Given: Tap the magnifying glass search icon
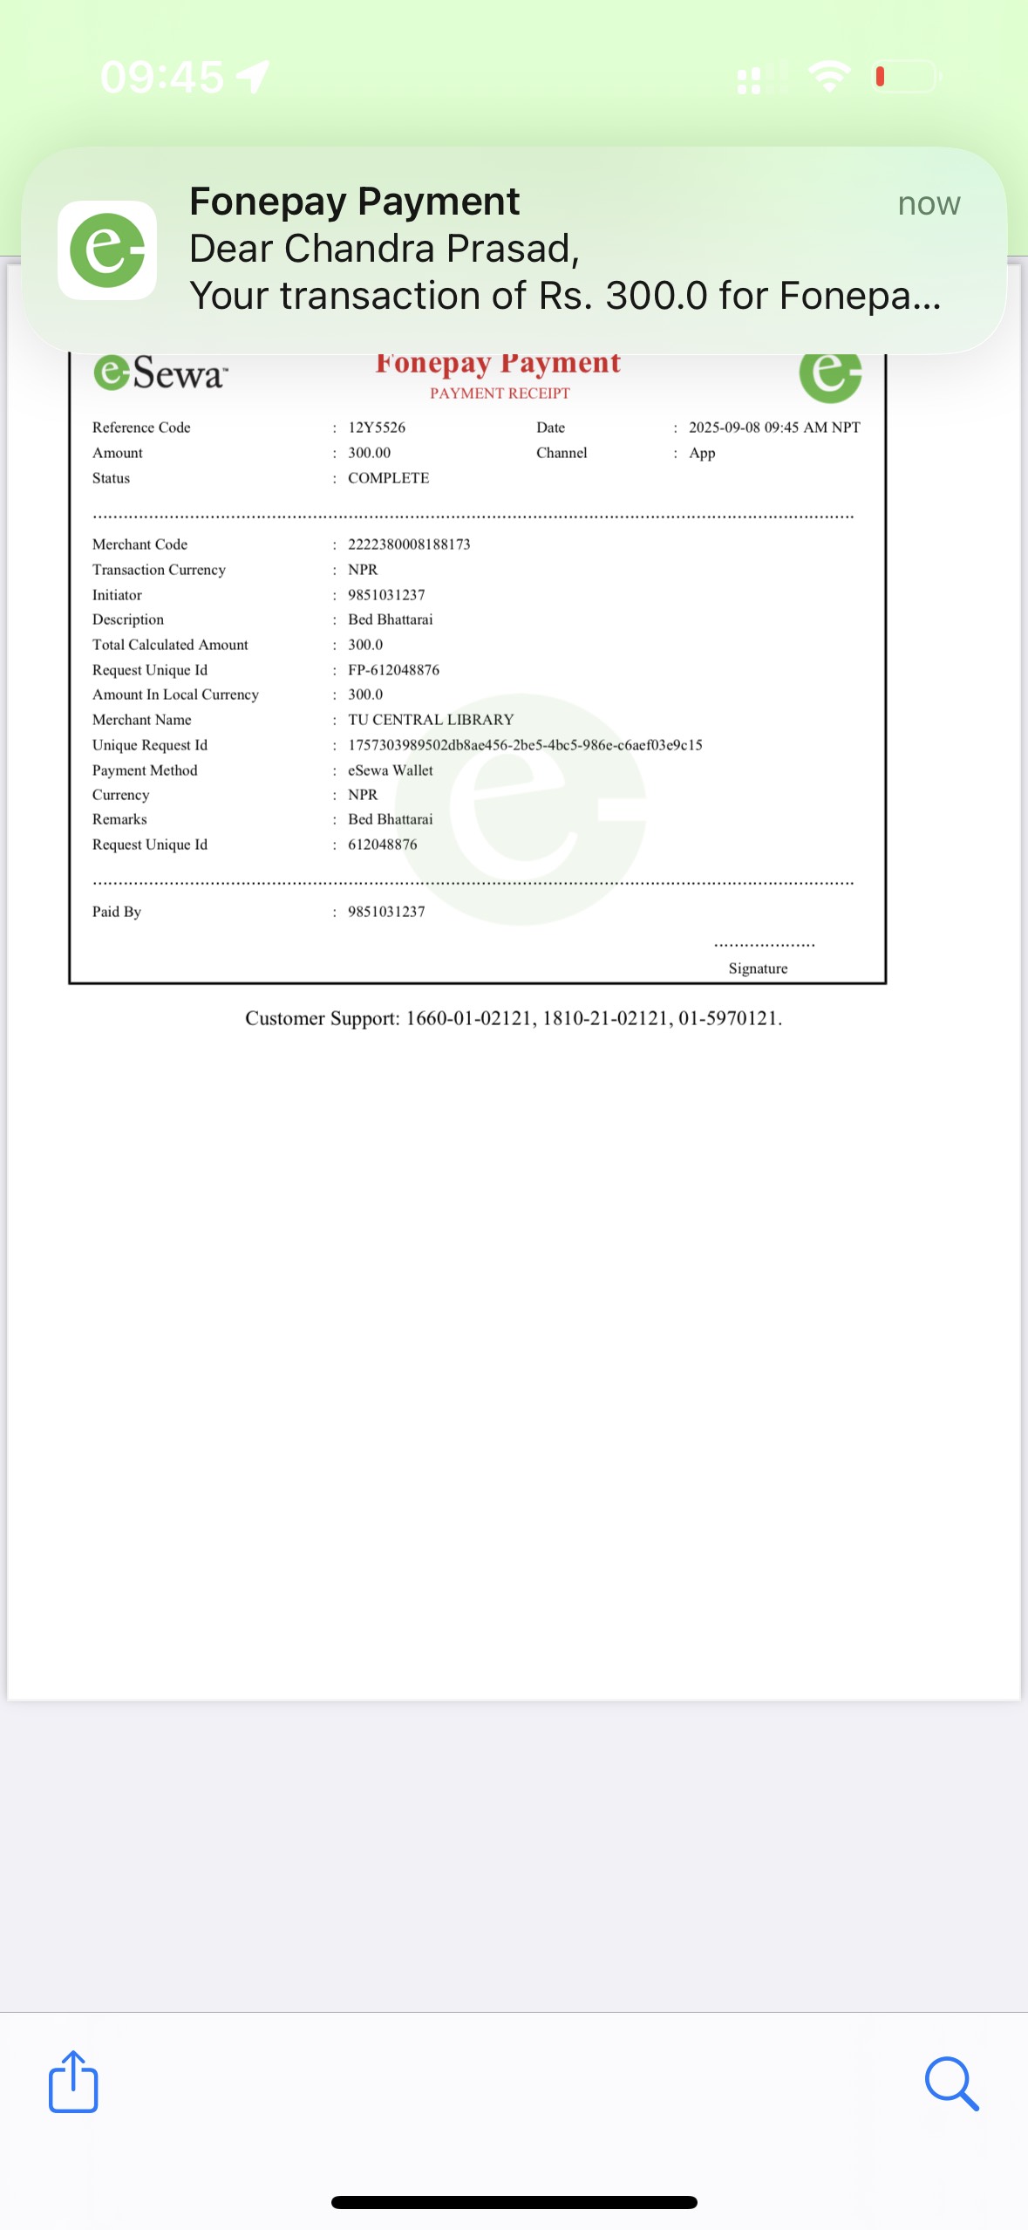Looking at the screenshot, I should pyautogui.click(x=951, y=2083).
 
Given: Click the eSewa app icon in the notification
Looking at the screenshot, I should pyautogui.click(x=107, y=251).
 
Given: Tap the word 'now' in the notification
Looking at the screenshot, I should pyautogui.click(x=929, y=203).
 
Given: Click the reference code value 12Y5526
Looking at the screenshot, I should pyautogui.click(x=377, y=428).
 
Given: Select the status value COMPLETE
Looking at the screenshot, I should pyautogui.click(x=388, y=478).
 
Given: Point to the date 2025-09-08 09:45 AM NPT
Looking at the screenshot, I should pyautogui.click(x=774, y=428).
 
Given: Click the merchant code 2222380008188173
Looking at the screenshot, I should pyautogui.click(x=409, y=544).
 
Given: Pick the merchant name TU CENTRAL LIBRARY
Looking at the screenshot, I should pyautogui.click(x=431, y=720).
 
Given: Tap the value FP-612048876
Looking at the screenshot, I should pyautogui.click(x=393, y=670).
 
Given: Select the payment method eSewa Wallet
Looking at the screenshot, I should pyautogui.click(x=390, y=770).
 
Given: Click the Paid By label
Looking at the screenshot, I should pyautogui.click(x=117, y=912).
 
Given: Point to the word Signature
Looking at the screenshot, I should pyautogui.click(x=758, y=968).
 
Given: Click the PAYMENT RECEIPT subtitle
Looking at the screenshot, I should pyautogui.click(x=500, y=393).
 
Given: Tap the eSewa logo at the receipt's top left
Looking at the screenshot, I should pyautogui.click(x=160, y=373).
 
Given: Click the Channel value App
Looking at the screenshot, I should pyautogui.click(x=702, y=453).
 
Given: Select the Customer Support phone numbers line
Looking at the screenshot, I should pyautogui.click(x=514, y=1018).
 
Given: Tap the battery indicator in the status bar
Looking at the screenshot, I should pyautogui.click(x=906, y=77).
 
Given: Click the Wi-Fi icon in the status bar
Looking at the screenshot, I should pyautogui.click(x=829, y=77).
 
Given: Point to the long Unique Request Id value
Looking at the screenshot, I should pyautogui.click(x=525, y=745).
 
